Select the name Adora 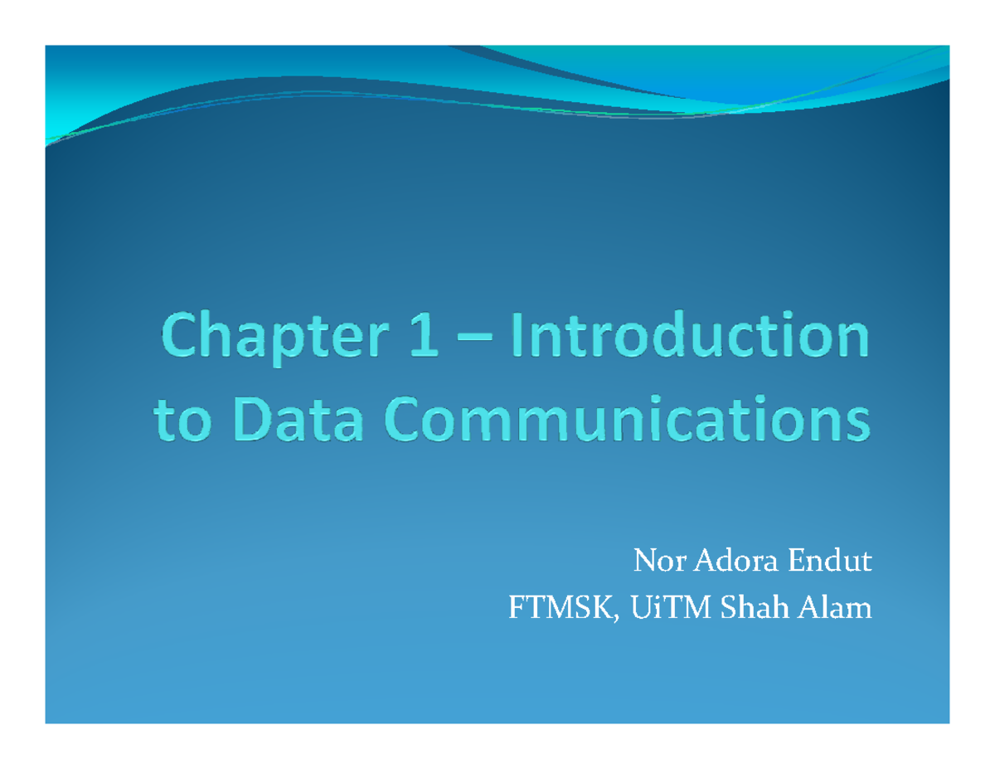[733, 564]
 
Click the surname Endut [830, 564]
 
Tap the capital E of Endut [795, 564]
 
